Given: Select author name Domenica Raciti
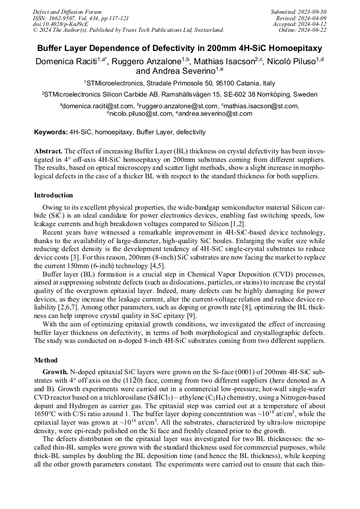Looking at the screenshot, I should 68,62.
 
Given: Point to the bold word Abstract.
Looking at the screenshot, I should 47,151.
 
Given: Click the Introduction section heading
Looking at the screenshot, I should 54,195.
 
